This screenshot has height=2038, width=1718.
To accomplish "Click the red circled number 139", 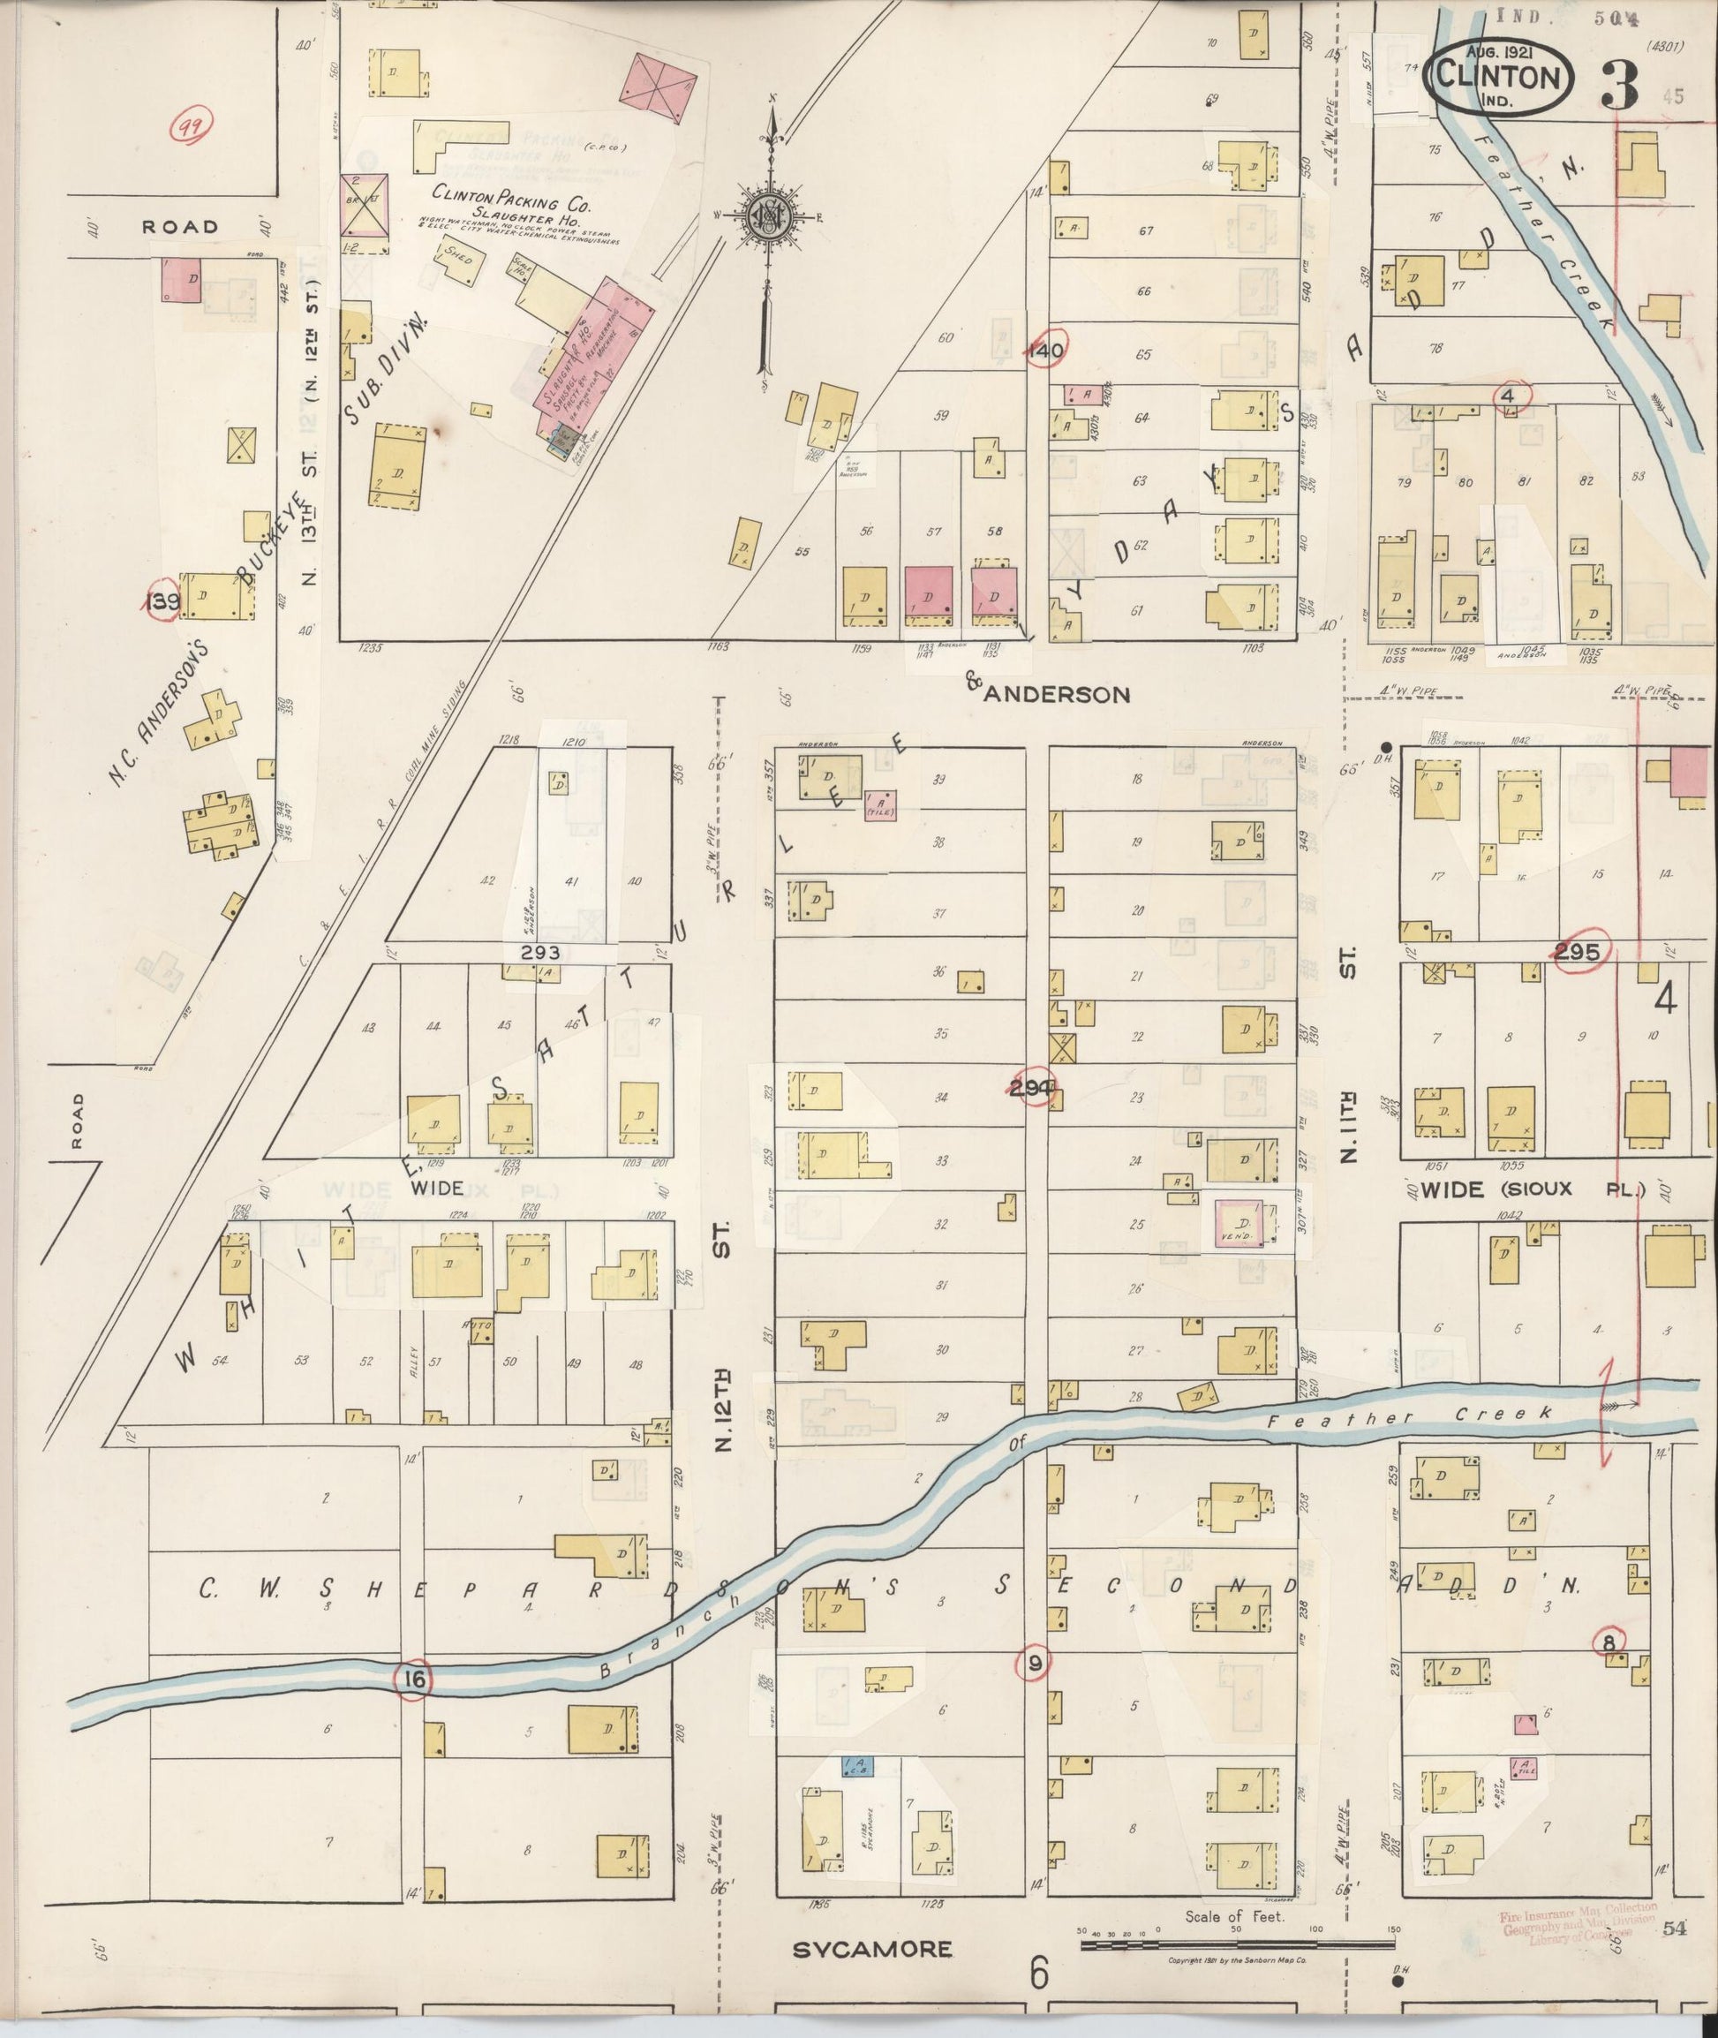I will point(162,601).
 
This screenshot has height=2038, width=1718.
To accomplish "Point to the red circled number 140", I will point(1045,351).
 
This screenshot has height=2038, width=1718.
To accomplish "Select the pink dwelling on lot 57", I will point(927,594).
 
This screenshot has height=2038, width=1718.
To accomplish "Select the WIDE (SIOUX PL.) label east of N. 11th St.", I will point(1530,1189).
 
